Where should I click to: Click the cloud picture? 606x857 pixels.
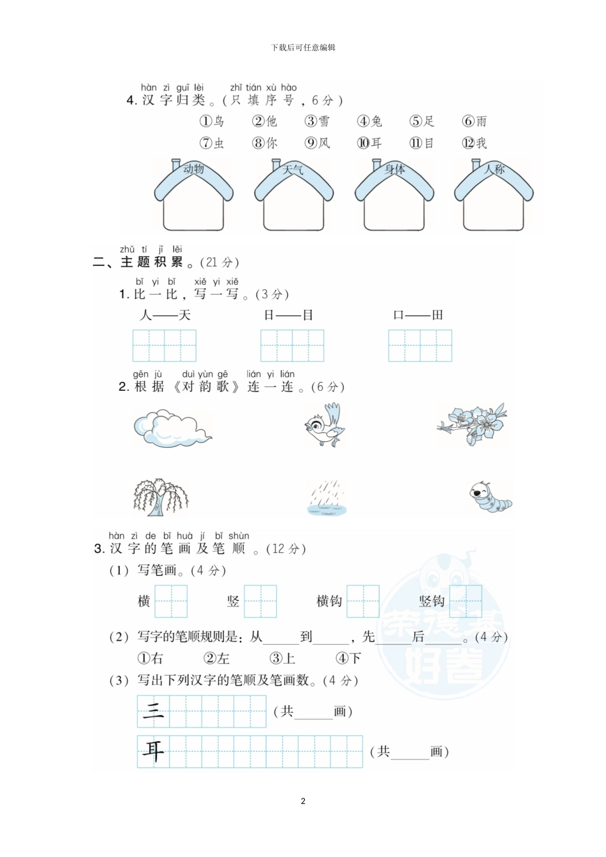(x=171, y=428)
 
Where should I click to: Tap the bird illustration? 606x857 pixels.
(x=325, y=426)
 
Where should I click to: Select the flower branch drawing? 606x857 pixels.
(x=472, y=423)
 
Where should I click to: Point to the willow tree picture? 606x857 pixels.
(x=161, y=497)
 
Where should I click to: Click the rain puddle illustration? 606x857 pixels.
(x=327, y=499)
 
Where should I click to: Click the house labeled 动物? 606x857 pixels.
(x=194, y=196)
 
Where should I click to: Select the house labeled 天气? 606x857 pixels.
(x=293, y=196)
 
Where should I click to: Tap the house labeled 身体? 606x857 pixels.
(x=394, y=196)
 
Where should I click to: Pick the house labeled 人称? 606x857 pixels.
(x=494, y=196)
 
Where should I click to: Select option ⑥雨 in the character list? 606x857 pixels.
(x=475, y=121)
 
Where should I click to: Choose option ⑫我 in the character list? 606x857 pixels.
(x=475, y=143)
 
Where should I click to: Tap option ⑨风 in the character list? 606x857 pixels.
(x=318, y=143)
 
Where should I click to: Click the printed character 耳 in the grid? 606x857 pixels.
(x=153, y=751)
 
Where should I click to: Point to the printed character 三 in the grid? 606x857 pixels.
(x=153, y=710)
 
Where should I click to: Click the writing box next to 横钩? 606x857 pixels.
(x=363, y=601)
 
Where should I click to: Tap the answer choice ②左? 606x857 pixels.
(x=217, y=658)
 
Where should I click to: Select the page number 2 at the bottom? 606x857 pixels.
(x=303, y=801)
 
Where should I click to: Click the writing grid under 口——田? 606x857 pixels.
(x=420, y=346)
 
